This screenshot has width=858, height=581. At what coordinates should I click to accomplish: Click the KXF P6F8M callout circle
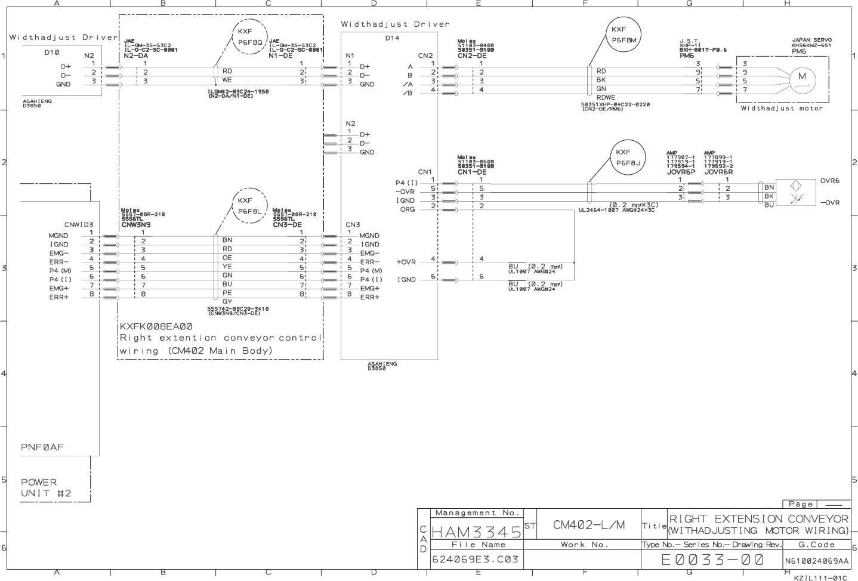[624, 35]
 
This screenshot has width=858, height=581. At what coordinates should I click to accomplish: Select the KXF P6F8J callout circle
[628, 157]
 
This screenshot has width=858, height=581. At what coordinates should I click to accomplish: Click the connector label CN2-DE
[472, 55]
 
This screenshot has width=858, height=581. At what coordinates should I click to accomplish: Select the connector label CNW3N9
[135, 225]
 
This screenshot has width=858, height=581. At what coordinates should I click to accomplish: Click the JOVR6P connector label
[681, 172]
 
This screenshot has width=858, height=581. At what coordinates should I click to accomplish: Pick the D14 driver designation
[392, 38]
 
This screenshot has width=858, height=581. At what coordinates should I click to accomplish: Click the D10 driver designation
[52, 52]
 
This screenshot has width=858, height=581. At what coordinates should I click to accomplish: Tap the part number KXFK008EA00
[156, 326]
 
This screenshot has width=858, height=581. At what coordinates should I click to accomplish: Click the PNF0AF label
[42, 447]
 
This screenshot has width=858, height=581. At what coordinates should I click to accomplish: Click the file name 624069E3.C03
[476, 560]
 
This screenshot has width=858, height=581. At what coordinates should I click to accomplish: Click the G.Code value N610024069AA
[816, 561]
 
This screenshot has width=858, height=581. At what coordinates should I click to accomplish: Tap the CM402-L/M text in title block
[588, 525]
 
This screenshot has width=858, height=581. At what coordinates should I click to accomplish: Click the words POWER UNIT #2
[46, 487]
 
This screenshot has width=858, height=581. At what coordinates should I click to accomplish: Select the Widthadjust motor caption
[781, 109]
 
